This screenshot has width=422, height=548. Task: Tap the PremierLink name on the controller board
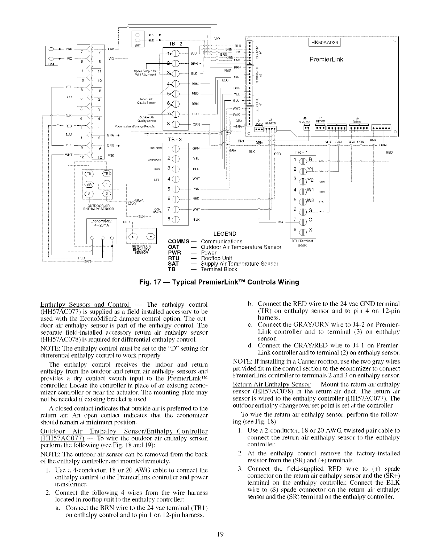click(x=326, y=59)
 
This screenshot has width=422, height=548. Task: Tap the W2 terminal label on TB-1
click(x=311, y=200)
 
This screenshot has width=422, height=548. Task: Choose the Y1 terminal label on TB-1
click(x=310, y=169)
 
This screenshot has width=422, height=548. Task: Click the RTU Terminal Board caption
click(x=302, y=242)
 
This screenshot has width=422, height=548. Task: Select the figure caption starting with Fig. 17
click(x=219, y=282)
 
